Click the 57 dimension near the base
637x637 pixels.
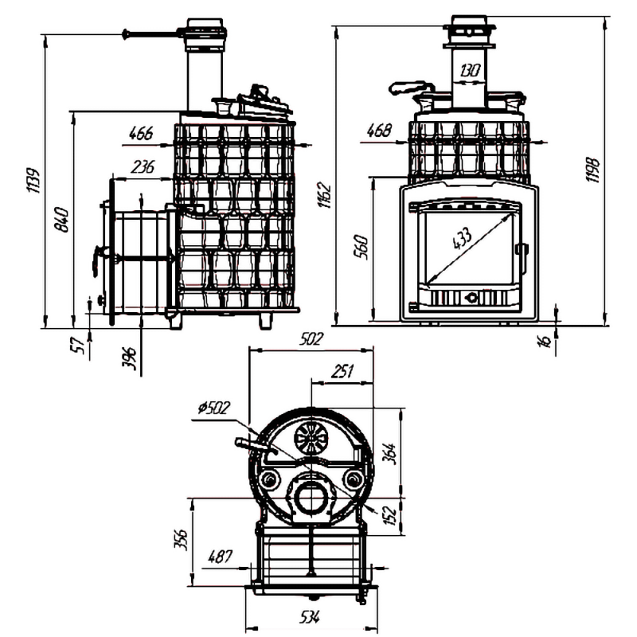pyautogui.click(x=77, y=344)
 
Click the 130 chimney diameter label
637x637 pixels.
pyautogui.click(x=470, y=70)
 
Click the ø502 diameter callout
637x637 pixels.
pyautogui.click(x=211, y=409)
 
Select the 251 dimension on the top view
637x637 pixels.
pyautogui.click(x=341, y=371)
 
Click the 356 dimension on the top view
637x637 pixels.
pyautogui.click(x=181, y=538)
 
